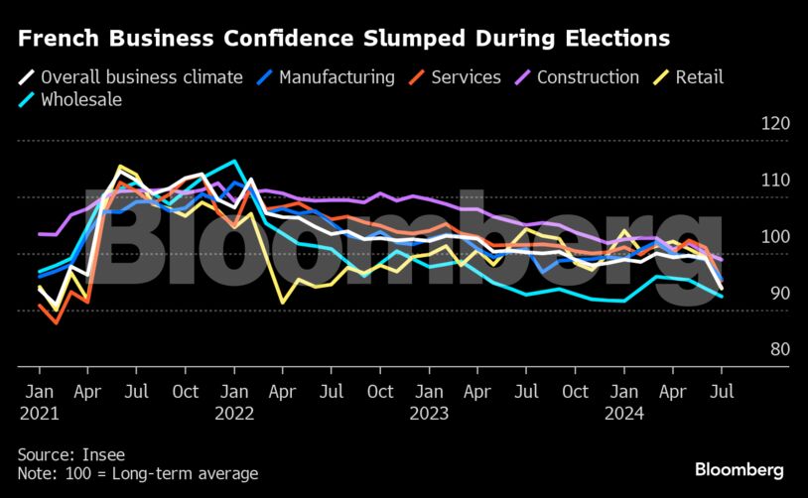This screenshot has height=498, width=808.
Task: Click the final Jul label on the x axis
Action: point(722,391)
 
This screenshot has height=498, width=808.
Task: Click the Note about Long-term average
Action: point(138,473)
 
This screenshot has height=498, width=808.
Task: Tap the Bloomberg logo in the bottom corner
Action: point(739,469)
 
